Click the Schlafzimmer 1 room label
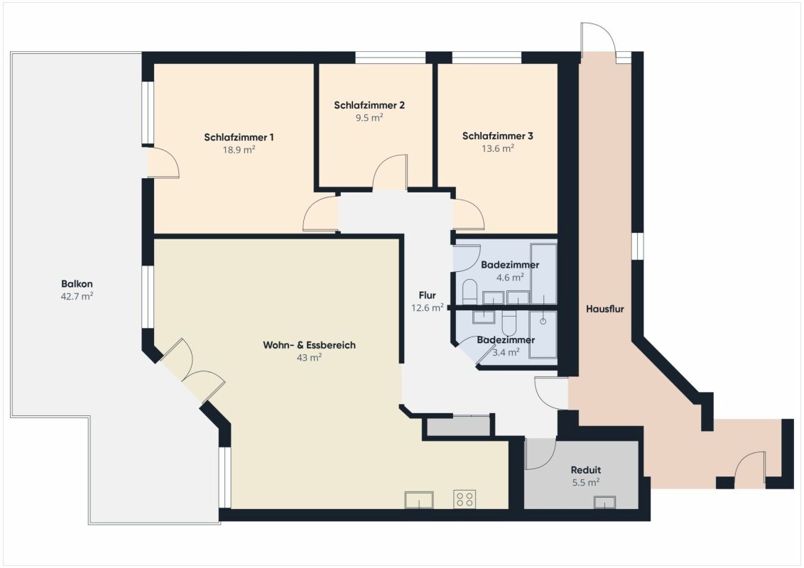[239, 138]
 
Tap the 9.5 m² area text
[369, 117]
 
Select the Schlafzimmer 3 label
[497, 136]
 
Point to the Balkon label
[77, 283]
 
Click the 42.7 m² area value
[77, 296]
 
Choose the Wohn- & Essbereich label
[309, 345]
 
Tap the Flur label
[427, 295]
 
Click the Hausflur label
[605, 309]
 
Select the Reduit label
[586, 469]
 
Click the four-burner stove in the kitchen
[465, 499]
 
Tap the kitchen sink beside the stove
[419, 500]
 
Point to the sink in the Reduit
[604, 502]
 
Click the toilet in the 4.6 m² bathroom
[470, 291]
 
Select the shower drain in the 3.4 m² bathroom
[543, 322]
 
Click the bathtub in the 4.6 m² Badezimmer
[543, 274]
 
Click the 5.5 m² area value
[586, 482]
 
